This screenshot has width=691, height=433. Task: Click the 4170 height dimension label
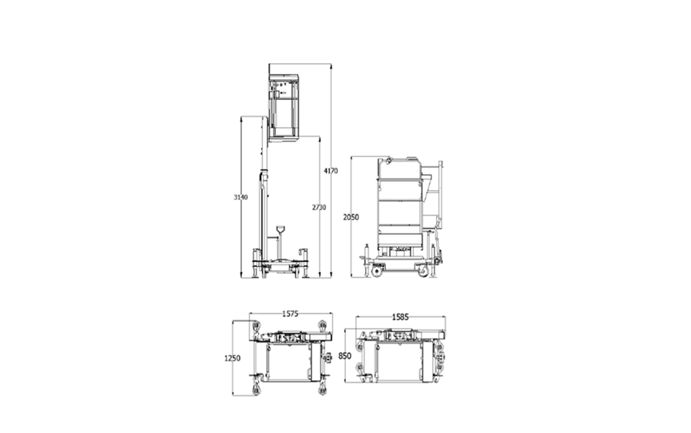coord(331,170)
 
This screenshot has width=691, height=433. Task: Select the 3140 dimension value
coord(240,197)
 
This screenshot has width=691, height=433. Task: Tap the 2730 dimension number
coord(319,207)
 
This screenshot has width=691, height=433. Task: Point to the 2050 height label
coord(351,216)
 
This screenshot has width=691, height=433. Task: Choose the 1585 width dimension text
coord(401,316)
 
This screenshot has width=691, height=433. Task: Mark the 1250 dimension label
coord(232,359)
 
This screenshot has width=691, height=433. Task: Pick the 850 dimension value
coord(345,356)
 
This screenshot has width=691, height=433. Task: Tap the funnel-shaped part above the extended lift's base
coord(280,232)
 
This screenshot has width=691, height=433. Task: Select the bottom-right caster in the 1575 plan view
coord(322,389)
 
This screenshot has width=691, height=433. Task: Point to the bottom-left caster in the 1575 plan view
coord(256,389)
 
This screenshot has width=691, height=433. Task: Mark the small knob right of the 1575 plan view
coord(328,358)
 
